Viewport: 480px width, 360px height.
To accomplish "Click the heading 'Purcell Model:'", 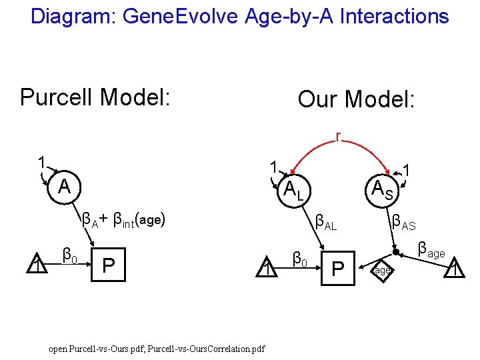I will point(96,97).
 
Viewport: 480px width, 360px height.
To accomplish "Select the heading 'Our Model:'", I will point(356,100).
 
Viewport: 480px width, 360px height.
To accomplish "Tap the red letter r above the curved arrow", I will point(339,137).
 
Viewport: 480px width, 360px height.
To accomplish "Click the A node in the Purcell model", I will point(64,185).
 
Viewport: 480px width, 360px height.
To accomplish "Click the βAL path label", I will point(326,221).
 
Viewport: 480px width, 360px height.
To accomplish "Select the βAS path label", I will point(404,221).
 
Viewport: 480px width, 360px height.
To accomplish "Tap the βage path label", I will point(431,251).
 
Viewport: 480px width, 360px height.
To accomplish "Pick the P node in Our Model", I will point(337,269).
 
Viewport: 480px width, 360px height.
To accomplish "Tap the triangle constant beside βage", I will point(455,269).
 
